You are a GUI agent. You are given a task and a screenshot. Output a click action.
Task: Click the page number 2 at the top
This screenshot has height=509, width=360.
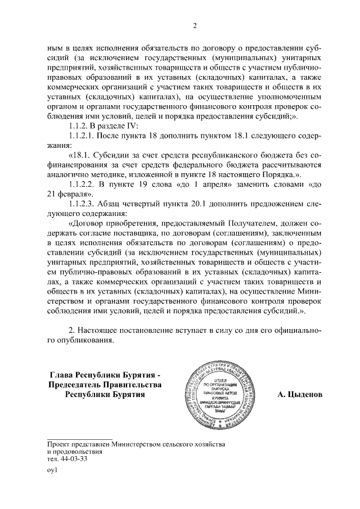(x=194, y=25)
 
